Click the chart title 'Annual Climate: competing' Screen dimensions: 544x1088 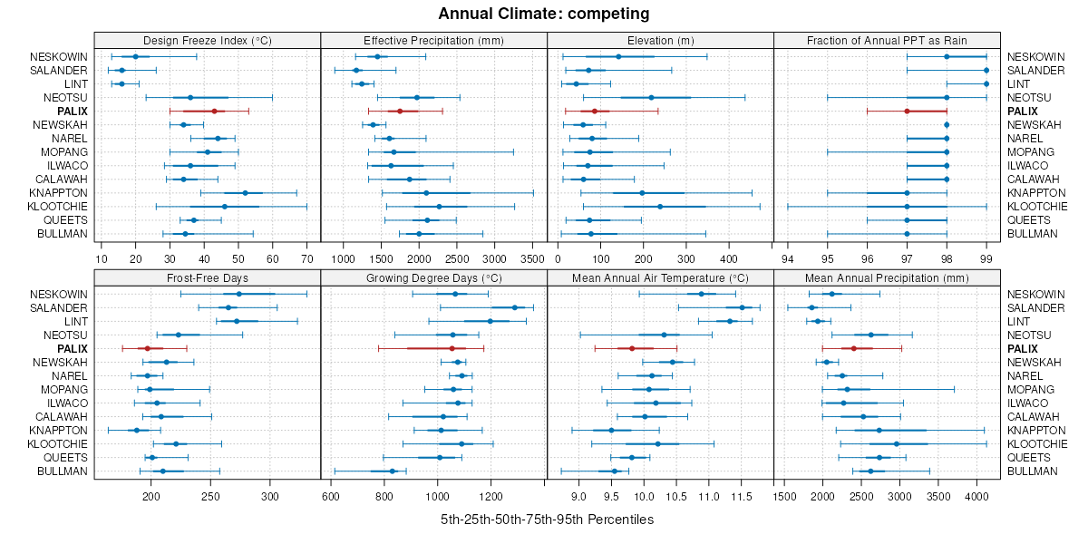pos(543,14)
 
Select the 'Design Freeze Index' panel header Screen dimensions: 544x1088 pos(208,41)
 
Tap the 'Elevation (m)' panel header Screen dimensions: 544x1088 pos(660,41)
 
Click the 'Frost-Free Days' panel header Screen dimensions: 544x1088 pos(208,278)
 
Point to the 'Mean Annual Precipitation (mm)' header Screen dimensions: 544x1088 pos(887,278)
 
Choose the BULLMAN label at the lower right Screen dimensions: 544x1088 pos(1031,471)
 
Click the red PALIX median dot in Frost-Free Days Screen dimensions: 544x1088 pos(148,348)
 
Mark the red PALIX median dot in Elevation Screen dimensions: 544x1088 pos(595,111)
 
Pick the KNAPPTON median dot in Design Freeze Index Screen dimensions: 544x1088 pos(245,193)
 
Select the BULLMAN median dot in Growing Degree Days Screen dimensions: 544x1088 pos(393,471)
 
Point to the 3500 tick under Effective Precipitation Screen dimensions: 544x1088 pos(533,258)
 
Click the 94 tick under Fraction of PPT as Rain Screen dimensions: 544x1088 pos(787,258)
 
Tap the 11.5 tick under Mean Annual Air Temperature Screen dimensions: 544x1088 pos(742,497)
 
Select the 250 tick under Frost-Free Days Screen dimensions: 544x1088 pos(210,497)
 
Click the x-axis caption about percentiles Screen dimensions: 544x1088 pos(547,520)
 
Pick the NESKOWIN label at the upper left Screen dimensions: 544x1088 pos(59,57)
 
